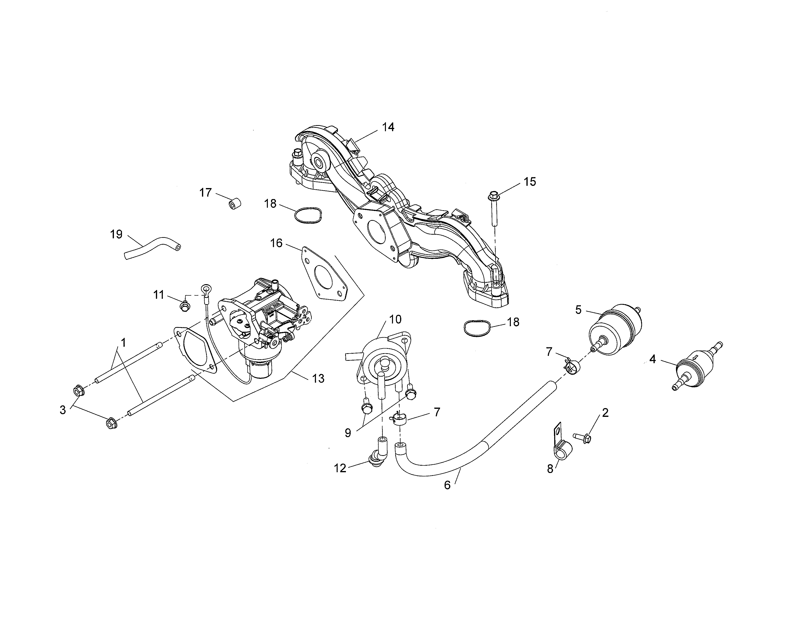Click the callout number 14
coord(388,127)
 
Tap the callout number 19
coord(116,234)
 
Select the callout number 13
coord(318,378)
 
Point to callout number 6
coord(447,485)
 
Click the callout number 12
coord(340,468)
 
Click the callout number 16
coord(276,243)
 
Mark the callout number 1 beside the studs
coord(123,343)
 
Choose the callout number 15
coord(530,182)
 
